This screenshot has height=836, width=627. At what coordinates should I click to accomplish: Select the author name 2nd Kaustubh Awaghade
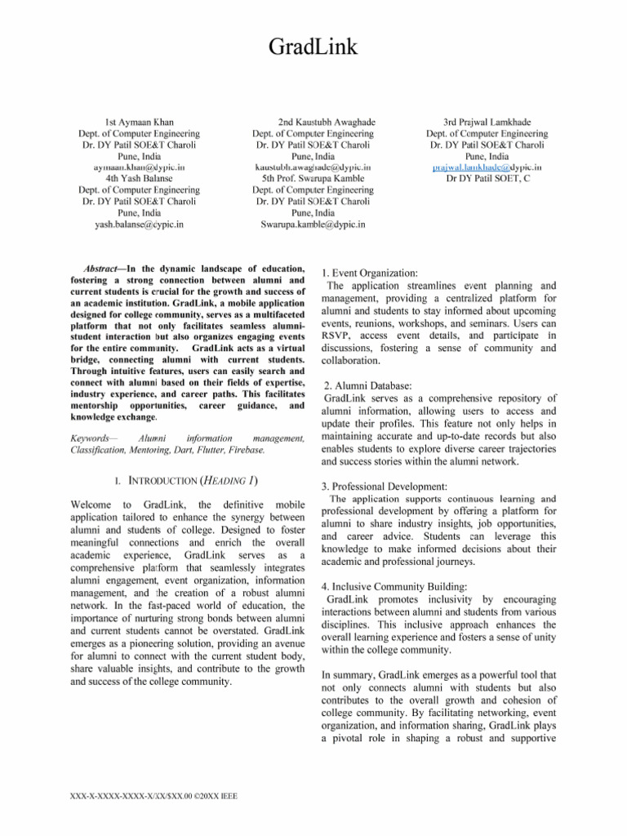pyautogui.click(x=313, y=122)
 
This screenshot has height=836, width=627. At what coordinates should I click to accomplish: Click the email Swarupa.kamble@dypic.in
pyautogui.click(x=313, y=224)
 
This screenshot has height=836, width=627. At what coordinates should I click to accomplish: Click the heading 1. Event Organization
pyautogui.click(x=370, y=272)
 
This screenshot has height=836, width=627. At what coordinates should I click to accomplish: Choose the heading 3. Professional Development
pyautogui.click(x=385, y=486)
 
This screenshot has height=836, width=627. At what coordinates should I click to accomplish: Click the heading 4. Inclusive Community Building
pyautogui.click(x=393, y=586)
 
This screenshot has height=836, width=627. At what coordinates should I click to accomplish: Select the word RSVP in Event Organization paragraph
pyautogui.click(x=339, y=334)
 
